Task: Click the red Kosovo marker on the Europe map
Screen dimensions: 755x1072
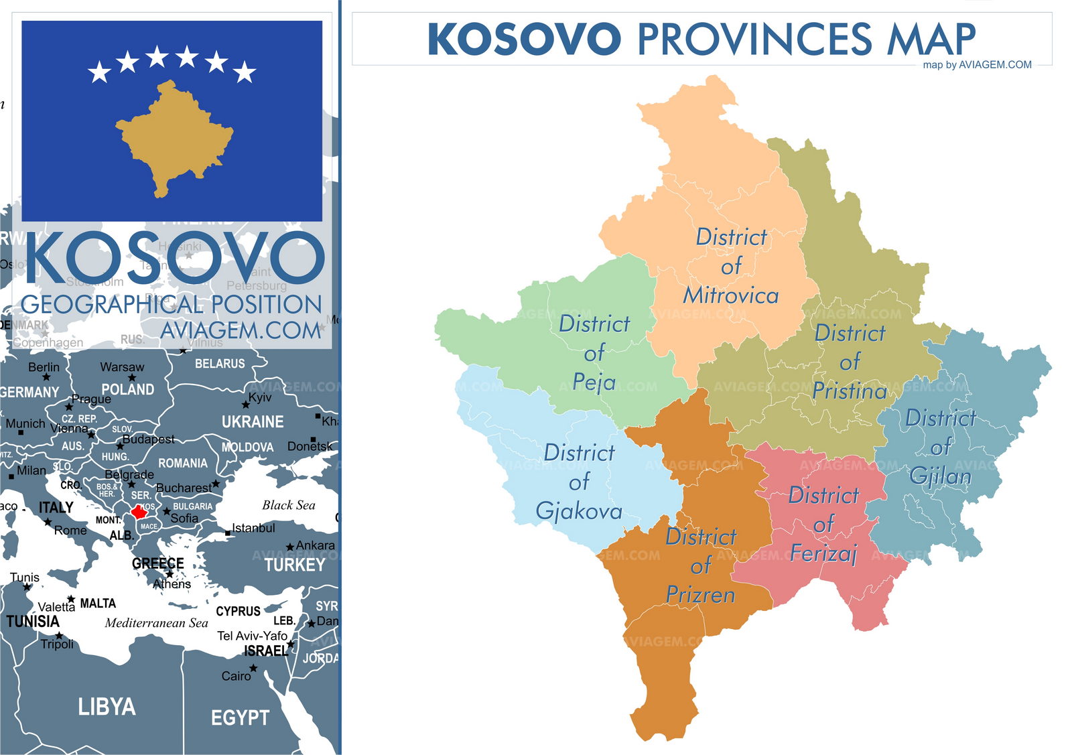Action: point(139,512)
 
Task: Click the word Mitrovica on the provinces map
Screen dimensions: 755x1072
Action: point(730,295)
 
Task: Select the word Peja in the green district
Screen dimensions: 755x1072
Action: point(594,383)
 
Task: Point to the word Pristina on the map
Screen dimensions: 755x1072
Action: point(849,391)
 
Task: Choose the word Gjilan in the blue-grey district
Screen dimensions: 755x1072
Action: point(940,476)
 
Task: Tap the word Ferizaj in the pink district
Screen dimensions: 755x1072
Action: point(823,553)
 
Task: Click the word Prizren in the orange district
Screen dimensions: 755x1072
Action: point(700,595)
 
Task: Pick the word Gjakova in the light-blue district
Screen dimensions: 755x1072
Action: point(579,511)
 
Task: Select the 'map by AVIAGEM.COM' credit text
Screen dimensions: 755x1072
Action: point(977,65)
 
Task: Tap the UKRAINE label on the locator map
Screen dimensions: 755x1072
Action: point(253,422)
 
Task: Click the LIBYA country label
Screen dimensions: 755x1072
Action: point(107,707)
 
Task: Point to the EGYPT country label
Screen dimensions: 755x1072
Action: point(240,718)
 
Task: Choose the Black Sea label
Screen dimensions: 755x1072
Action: point(288,505)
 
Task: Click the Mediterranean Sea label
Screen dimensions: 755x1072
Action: point(156,623)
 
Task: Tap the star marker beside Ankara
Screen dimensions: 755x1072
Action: point(290,547)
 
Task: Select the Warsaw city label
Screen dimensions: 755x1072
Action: point(122,367)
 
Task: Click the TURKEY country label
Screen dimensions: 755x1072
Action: point(294,565)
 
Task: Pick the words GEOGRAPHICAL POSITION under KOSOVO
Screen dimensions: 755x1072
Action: point(172,305)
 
